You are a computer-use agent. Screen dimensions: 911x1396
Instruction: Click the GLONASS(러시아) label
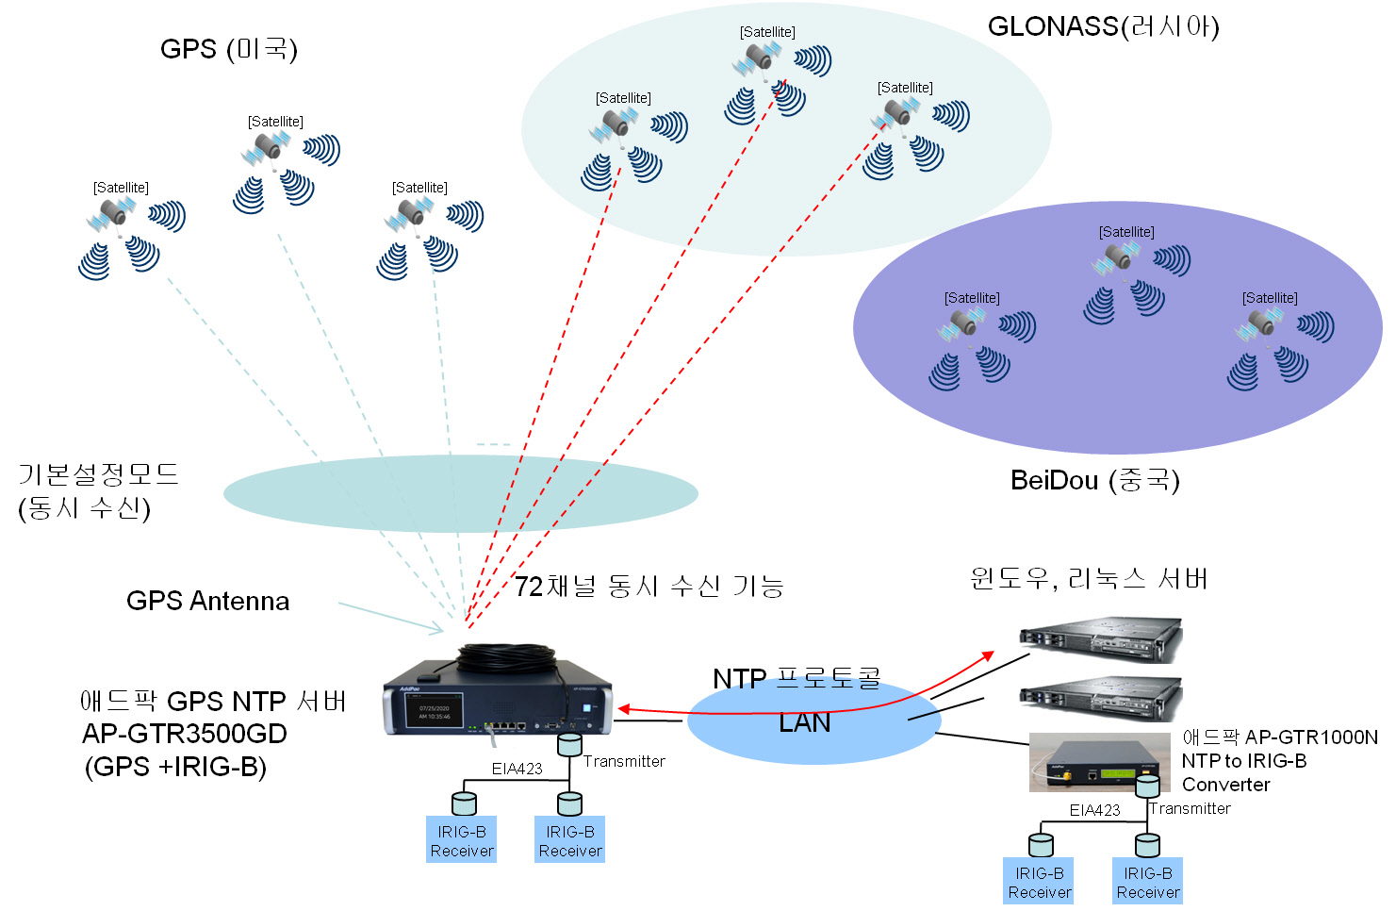point(1103,26)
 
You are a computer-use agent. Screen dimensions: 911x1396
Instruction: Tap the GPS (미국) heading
point(228,49)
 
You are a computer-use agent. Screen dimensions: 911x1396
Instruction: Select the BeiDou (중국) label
point(1094,480)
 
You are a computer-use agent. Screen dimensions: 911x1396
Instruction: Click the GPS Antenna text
point(207,601)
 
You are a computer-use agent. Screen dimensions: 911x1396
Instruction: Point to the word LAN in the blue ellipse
point(804,722)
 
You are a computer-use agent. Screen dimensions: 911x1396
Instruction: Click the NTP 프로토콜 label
point(797,679)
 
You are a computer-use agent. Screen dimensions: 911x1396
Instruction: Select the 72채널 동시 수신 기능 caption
point(649,587)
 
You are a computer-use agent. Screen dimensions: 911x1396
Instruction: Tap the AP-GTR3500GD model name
point(184,734)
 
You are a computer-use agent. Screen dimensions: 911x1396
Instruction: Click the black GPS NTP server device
point(497,703)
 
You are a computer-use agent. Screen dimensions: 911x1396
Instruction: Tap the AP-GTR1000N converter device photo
point(1098,763)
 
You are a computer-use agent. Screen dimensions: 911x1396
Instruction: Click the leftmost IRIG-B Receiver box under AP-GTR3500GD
point(462,840)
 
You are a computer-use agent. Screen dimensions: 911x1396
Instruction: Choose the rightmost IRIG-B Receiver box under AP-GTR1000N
point(1148,882)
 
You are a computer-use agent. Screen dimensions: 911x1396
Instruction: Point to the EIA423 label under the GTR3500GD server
point(517,769)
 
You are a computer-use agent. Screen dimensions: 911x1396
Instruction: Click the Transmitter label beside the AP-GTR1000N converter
point(1190,808)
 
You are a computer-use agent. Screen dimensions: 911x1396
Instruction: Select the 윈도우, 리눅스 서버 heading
point(1089,578)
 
